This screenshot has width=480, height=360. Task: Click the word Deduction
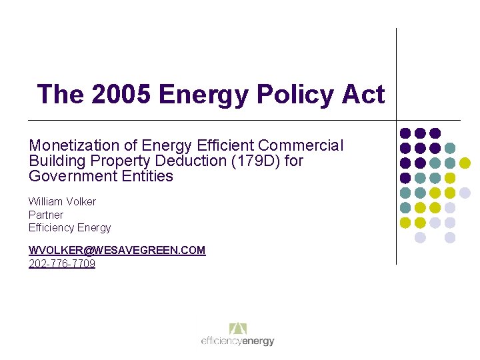coord(177,161)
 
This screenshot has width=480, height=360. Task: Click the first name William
coord(44,201)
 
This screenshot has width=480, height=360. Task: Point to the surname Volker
coord(80,201)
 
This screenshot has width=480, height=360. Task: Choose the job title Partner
coord(45,215)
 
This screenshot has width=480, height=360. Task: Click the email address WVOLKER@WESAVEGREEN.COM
coord(117,250)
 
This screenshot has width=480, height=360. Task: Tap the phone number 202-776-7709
coord(62,263)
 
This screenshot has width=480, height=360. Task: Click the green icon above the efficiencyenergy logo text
coord(238,329)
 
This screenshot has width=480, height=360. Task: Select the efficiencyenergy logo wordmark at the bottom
coord(238,341)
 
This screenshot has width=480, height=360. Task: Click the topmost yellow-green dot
coord(465,163)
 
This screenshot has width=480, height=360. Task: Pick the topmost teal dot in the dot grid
coord(450,148)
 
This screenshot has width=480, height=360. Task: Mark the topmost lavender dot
coord(465,193)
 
